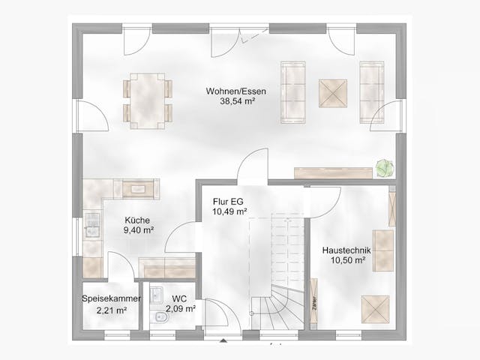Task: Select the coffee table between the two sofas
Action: [332, 94]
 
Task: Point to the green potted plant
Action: [384, 167]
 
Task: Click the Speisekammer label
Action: [110, 298]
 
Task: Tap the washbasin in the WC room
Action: [156, 295]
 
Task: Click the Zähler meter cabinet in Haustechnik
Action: [314, 299]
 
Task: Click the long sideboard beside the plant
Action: [333, 172]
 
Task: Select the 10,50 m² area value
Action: [347, 260]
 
